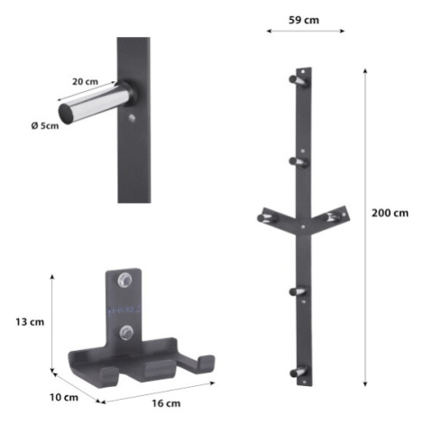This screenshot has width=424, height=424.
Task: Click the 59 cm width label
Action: click(x=304, y=20)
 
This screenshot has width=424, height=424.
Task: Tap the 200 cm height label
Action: click(x=390, y=213)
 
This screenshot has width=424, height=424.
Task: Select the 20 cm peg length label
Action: click(x=85, y=81)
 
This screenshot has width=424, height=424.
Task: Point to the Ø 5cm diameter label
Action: click(x=45, y=125)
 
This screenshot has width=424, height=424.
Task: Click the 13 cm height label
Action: click(x=30, y=322)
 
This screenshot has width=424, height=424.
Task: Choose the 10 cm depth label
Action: click(x=64, y=397)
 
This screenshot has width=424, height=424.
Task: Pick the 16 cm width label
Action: click(x=166, y=403)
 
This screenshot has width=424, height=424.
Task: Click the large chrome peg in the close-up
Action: click(x=95, y=103)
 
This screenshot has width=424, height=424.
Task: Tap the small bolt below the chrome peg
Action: click(x=132, y=118)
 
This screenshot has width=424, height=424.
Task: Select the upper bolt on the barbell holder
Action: click(x=124, y=280)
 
